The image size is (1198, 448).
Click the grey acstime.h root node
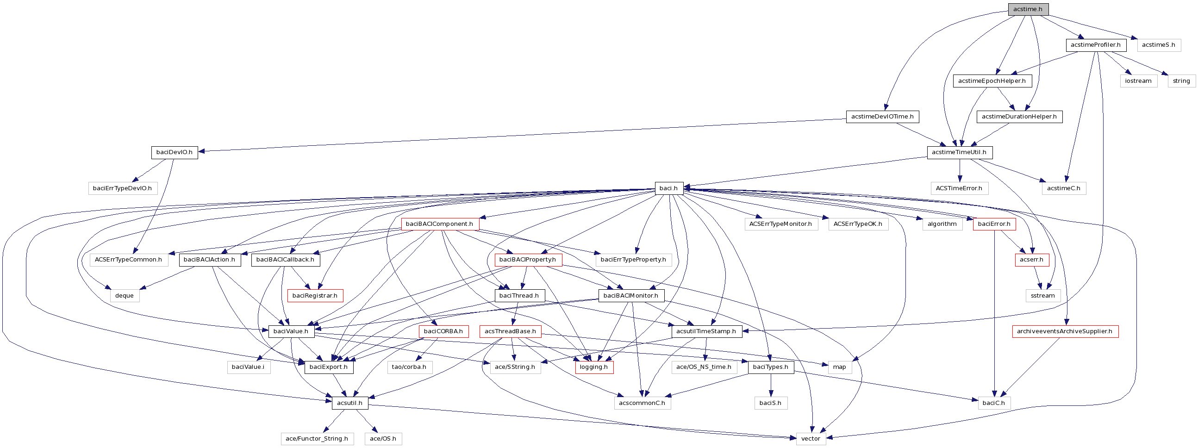click(x=1028, y=9)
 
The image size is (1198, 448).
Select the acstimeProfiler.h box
click(x=1095, y=45)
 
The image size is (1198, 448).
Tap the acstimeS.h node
click(x=1158, y=45)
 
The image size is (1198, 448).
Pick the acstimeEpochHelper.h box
click(x=992, y=81)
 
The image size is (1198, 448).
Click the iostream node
click(x=1138, y=81)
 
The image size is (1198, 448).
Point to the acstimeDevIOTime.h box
click(x=882, y=117)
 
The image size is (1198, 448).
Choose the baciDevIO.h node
click(x=174, y=152)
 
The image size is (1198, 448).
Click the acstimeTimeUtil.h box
click(x=959, y=152)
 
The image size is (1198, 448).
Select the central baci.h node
click(x=669, y=188)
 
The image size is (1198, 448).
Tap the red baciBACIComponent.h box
click(x=439, y=224)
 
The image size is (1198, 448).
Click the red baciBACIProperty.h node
click(x=527, y=260)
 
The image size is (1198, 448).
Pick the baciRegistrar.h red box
click(x=315, y=296)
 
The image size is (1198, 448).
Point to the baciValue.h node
click(x=291, y=331)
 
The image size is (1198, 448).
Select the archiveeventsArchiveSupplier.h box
click(x=1065, y=331)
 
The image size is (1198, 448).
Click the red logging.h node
click(x=593, y=367)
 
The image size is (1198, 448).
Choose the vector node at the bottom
click(x=811, y=439)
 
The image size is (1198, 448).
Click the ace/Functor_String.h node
click(x=317, y=439)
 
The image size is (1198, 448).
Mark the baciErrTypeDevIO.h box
click(x=122, y=188)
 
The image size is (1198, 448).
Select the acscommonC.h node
click(x=642, y=403)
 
